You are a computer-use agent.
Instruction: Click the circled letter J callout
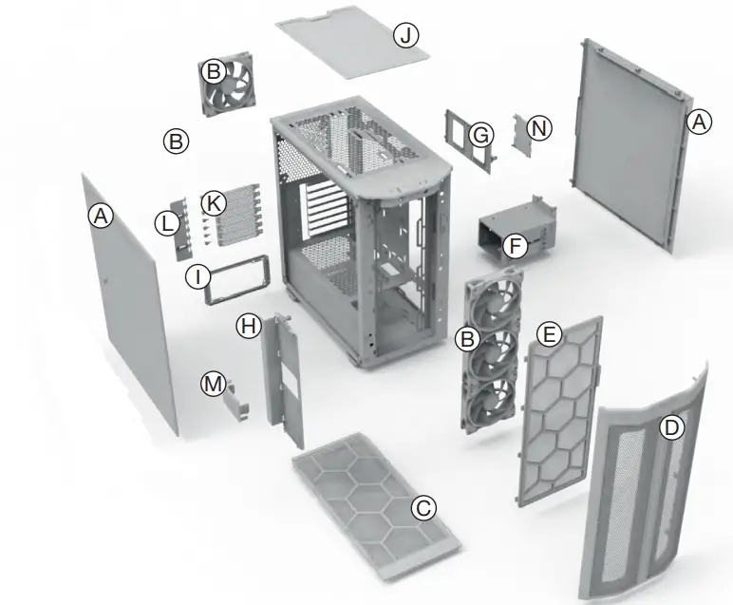point(406,35)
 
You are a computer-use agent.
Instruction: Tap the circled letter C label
point(423,508)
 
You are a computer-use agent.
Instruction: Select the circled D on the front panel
point(671,427)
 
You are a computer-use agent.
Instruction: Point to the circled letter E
point(548,334)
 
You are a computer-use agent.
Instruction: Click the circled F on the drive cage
point(514,247)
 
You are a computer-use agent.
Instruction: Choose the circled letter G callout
point(481,136)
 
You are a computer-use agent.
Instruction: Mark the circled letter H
point(248,326)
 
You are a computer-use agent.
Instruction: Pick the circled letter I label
point(197,276)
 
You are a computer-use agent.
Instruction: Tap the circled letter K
point(215,202)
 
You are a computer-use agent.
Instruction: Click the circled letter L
point(167,224)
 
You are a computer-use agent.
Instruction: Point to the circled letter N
point(539,128)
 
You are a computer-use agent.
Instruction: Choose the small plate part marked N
point(519,133)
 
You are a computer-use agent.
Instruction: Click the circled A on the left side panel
point(100,217)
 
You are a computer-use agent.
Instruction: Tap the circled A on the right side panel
point(699,122)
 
